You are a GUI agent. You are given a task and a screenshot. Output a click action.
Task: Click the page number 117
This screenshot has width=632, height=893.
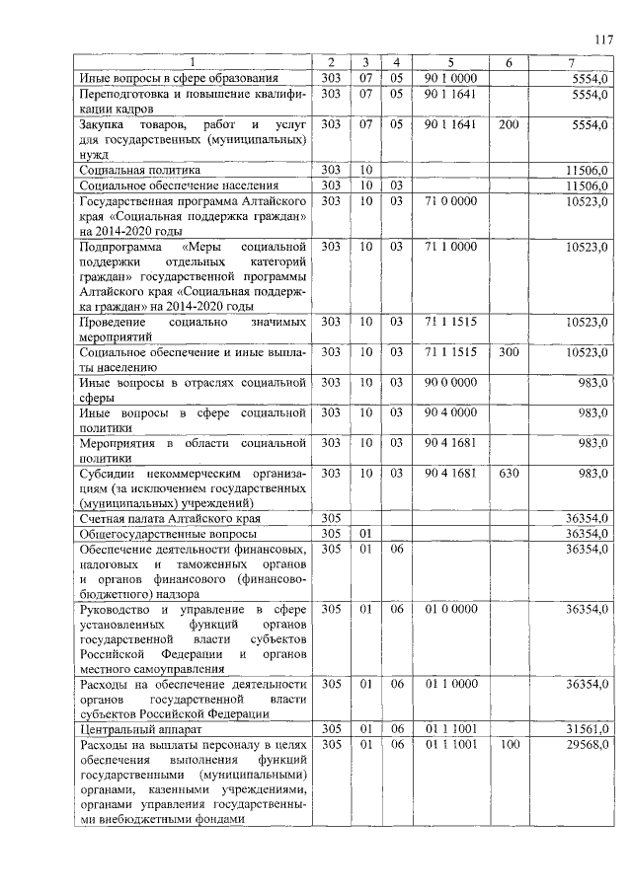[x=604, y=40]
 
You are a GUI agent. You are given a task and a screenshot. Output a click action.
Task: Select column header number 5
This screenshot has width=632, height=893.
[x=449, y=63]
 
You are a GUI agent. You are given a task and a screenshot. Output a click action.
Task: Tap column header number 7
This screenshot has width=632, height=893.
[x=572, y=63]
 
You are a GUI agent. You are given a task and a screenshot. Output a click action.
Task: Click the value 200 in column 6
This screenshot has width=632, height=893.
[x=509, y=124]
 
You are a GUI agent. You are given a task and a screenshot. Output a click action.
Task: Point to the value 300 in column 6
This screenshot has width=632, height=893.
[x=509, y=352]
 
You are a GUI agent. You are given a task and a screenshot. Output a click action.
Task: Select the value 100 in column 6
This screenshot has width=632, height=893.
[x=509, y=744]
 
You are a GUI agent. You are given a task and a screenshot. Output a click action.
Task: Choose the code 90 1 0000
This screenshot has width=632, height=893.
[x=450, y=77]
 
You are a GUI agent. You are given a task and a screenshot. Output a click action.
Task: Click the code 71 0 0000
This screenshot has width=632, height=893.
[x=450, y=201]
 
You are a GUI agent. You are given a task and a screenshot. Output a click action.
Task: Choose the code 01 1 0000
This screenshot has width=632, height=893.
[x=450, y=683]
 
